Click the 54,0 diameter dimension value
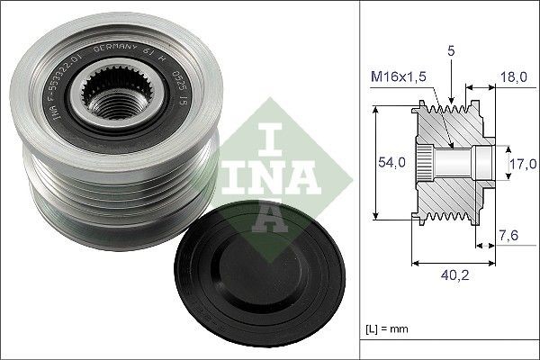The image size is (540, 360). [384, 164]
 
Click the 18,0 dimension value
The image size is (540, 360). [513, 78]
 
